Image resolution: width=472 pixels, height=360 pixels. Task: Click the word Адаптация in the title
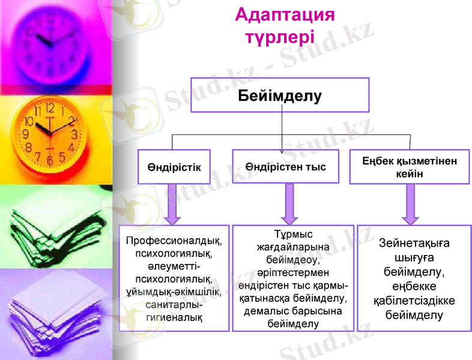point(285,14)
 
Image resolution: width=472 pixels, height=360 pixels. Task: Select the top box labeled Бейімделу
point(280,95)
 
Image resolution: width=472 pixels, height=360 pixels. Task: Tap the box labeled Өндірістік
point(174,167)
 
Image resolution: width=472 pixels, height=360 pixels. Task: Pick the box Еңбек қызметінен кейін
point(409,167)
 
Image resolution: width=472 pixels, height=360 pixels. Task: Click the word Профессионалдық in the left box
point(174,241)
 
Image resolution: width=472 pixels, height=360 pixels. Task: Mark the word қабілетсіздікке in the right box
point(414,301)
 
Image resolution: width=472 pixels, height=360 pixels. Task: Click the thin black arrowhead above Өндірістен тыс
point(283,151)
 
